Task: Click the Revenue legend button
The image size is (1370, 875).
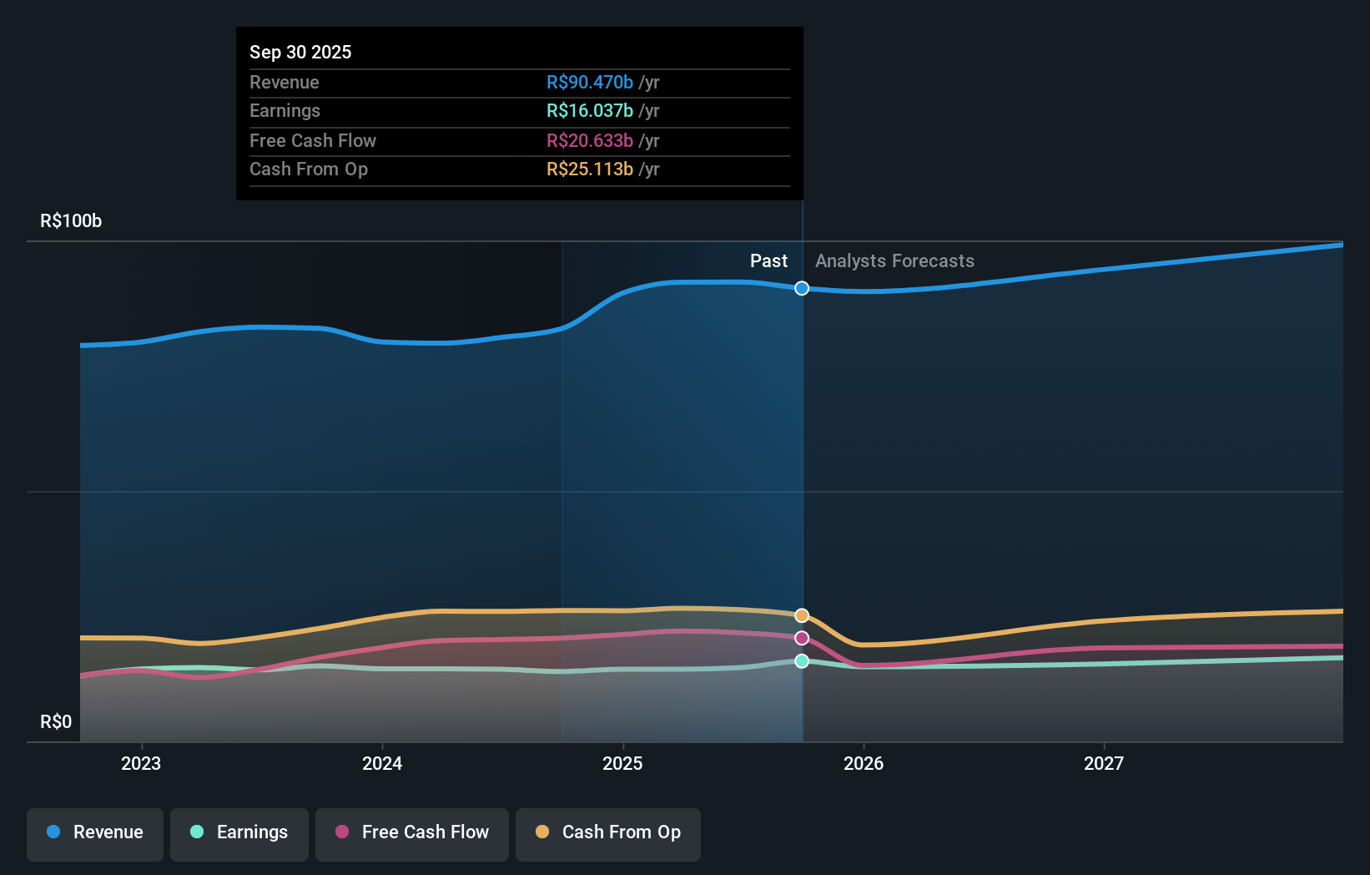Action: [95, 833]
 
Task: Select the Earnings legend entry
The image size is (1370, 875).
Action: [239, 833]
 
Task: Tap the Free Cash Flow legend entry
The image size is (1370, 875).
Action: [412, 833]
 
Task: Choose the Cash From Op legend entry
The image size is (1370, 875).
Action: [608, 833]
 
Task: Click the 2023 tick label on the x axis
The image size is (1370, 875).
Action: [141, 763]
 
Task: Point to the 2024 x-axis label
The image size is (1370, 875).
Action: [382, 763]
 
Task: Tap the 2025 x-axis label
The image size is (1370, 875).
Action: [622, 763]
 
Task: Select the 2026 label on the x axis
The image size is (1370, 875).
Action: [864, 763]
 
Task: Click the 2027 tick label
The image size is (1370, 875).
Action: [1104, 763]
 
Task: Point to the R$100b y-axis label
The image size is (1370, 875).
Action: [71, 221]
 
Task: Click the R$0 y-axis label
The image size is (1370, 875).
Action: [56, 722]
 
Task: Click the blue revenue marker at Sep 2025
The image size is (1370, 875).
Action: [802, 288]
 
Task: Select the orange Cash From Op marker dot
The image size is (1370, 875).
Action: [802, 615]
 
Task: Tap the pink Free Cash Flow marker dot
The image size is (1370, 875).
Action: [802, 638]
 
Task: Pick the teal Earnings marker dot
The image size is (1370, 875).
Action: [802, 661]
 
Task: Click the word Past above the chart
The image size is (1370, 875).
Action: [768, 261]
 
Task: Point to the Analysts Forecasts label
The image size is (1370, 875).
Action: [894, 261]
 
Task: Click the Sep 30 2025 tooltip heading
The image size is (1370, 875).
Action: [300, 53]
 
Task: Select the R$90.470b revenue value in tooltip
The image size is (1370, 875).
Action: [590, 83]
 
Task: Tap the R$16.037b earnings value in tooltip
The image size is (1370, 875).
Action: [590, 111]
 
